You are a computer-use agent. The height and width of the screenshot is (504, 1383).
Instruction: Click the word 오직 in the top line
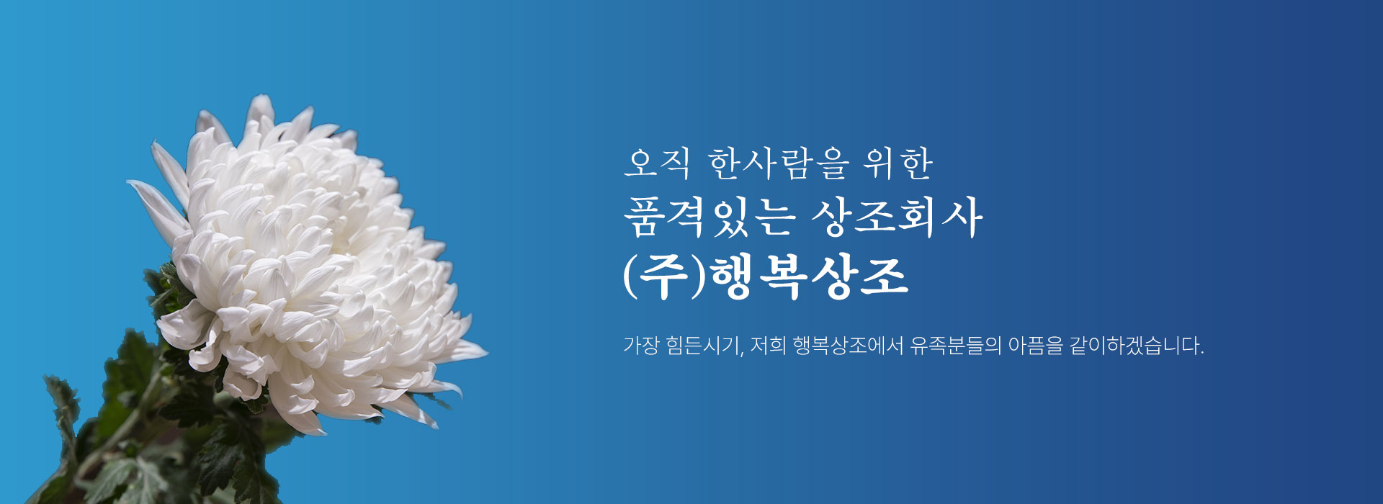[x=657, y=163]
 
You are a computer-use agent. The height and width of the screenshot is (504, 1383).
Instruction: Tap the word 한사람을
[x=779, y=163]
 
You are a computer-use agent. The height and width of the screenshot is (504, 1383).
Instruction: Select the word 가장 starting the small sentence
[x=641, y=346]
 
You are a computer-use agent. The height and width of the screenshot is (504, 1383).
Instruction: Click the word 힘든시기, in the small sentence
[x=705, y=346]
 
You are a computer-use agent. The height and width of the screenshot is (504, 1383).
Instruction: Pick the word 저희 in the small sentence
[x=768, y=346]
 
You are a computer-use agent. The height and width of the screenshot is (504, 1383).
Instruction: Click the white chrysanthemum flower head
[x=310, y=266]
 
